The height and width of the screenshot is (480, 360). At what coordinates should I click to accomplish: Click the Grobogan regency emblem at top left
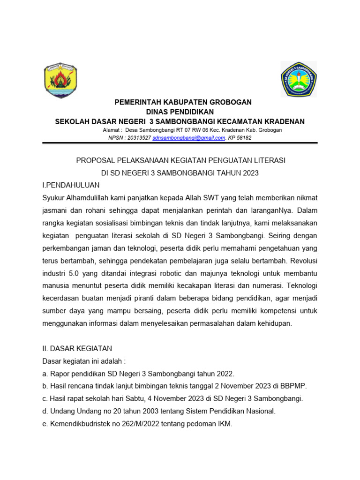[x=60, y=80]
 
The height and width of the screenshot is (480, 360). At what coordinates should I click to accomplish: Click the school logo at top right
[x=298, y=79]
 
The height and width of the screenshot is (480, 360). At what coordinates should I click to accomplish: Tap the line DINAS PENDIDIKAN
[x=180, y=112]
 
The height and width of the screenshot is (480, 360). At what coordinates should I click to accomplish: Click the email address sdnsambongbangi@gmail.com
[x=189, y=138]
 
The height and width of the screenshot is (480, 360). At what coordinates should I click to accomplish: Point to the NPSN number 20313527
[x=139, y=138]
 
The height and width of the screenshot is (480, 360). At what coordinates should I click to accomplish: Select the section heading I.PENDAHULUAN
[x=71, y=186]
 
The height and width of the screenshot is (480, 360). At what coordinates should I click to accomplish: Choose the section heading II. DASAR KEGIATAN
[x=77, y=349]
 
